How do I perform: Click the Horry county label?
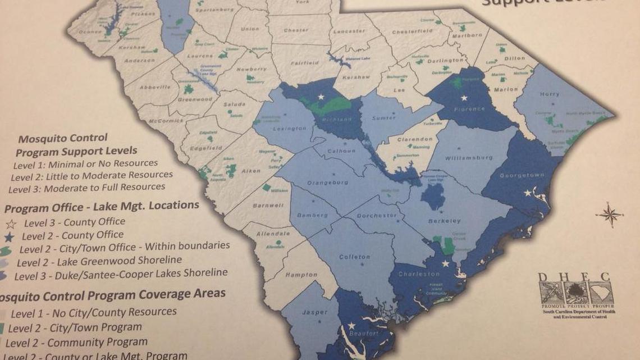point(549,94)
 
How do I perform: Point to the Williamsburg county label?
point(468,158)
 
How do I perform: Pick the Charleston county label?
point(419,274)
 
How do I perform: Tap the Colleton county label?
point(354,257)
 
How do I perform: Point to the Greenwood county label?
point(195,99)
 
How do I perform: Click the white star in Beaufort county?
point(351,325)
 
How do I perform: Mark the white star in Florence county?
point(464,98)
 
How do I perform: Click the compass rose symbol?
point(610,214)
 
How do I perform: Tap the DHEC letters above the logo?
point(575,276)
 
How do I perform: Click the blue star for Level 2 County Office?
point(13,235)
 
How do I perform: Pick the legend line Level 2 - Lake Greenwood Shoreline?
point(99,260)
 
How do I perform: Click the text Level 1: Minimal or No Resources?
point(85,164)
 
